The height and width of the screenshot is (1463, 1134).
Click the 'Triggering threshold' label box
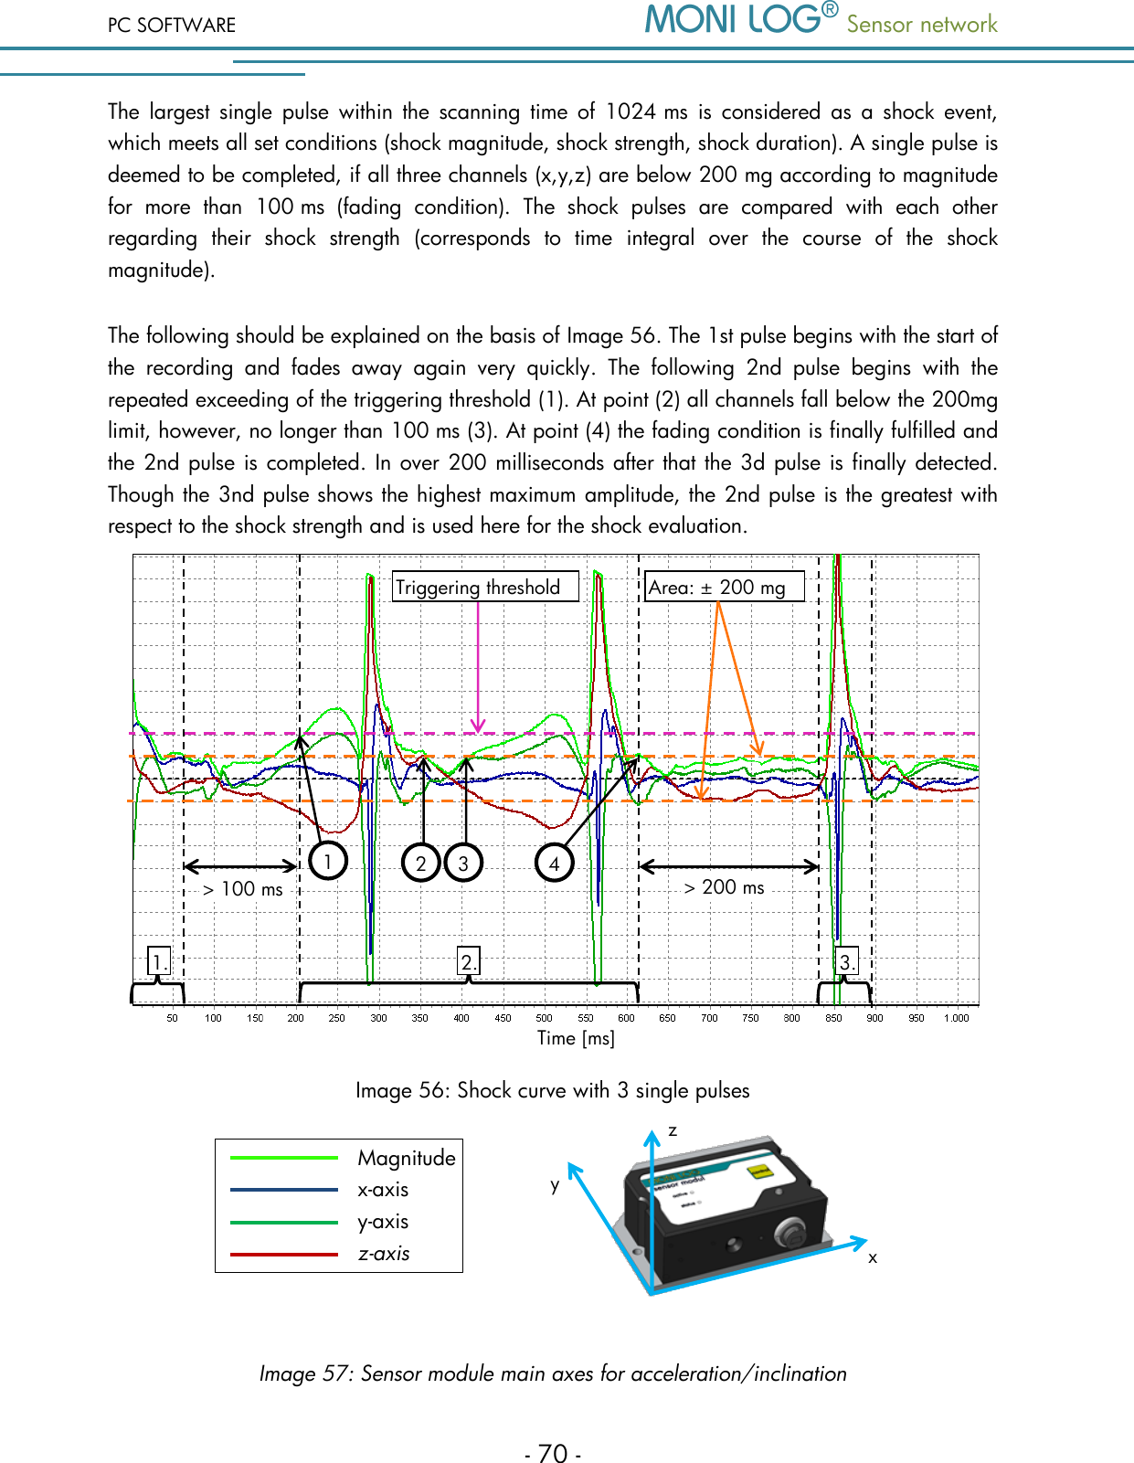(485, 587)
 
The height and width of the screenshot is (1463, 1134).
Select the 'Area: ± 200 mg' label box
(724, 587)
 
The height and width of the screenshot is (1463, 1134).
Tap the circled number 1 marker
(328, 860)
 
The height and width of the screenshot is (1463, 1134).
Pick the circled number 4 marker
(554, 863)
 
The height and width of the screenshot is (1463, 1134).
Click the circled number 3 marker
(463, 863)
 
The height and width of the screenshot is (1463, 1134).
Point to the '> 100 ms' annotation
(242, 889)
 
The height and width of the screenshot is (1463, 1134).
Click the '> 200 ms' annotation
(724, 886)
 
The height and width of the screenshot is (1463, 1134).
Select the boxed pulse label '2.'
(468, 961)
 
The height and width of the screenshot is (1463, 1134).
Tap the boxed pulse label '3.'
(847, 961)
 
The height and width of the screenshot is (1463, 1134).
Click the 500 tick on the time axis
(544, 1018)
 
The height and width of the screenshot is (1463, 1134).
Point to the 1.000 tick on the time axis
(956, 1018)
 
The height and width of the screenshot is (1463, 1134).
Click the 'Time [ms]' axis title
(576, 1038)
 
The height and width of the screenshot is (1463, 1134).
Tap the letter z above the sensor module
(673, 1131)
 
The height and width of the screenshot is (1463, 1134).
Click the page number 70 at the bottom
(553, 1453)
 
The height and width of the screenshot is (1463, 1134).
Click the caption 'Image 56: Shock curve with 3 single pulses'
(552, 1090)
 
